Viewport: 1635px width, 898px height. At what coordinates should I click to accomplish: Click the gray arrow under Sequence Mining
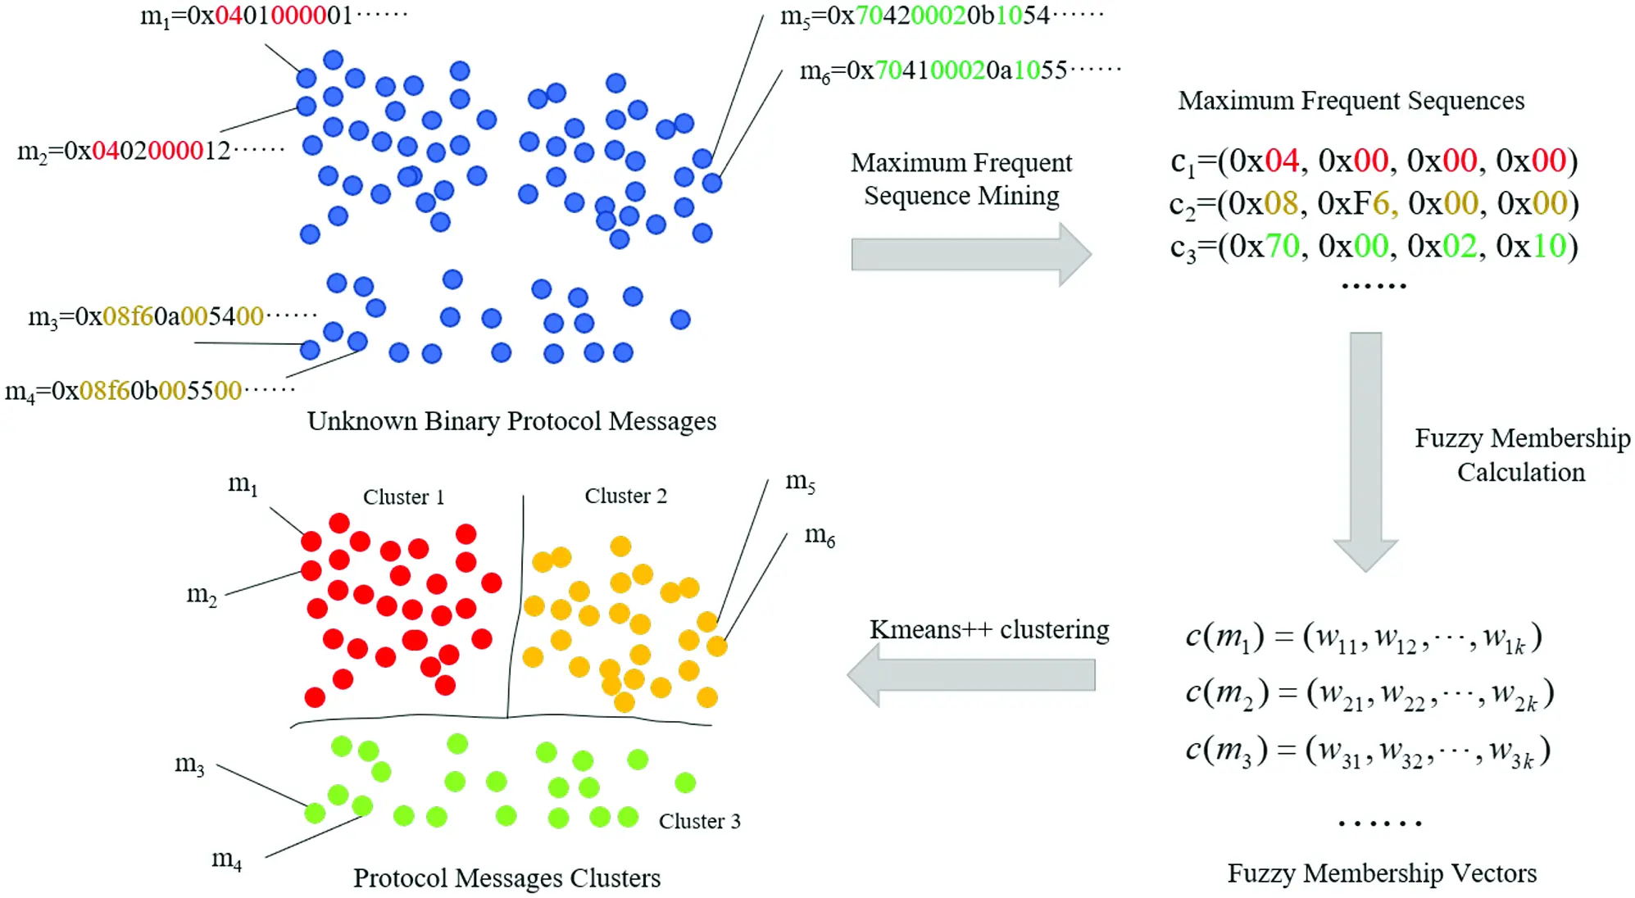(x=970, y=254)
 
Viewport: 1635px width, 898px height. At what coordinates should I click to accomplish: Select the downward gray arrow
(x=1365, y=451)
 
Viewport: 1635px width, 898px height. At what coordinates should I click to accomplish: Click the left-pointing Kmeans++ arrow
(x=970, y=675)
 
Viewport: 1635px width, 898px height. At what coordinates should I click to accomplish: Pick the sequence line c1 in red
(x=1374, y=161)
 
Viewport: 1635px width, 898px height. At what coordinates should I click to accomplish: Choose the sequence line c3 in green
(x=1374, y=247)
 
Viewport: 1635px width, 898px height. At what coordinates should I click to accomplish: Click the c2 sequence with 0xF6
(x=1374, y=204)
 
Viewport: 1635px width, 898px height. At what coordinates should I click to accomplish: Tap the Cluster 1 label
(x=403, y=497)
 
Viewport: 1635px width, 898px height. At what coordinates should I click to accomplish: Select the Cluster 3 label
(x=699, y=821)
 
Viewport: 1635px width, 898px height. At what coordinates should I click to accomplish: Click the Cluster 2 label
(x=625, y=496)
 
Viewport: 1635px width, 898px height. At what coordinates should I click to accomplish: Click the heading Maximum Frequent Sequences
(x=1351, y=101)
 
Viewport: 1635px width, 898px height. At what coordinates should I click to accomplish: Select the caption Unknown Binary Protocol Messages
(x=511, y=421)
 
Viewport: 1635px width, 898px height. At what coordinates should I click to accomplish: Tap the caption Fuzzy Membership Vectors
(x=1382, y=873)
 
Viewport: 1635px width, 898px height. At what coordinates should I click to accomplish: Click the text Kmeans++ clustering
(x=988, y=629)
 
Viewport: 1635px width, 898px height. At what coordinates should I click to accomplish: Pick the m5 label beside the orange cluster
(x=800, y=482)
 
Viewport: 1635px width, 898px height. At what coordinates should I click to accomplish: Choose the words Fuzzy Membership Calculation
(x=1521, y=456)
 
